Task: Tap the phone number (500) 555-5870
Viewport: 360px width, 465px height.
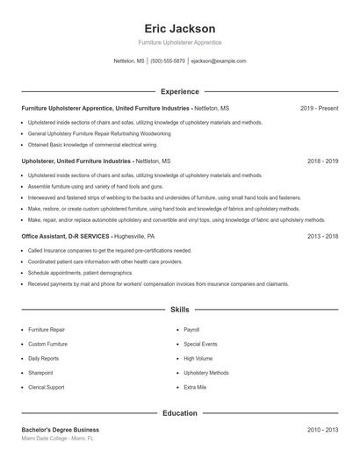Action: (168, 61)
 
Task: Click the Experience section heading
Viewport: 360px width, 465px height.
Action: (180, 91)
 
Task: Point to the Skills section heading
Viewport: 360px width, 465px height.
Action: (180, 310)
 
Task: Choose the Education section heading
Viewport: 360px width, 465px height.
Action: (180, 412)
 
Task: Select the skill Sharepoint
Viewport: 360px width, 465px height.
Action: (40, 373)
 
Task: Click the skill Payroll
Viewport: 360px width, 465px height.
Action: (192, 330)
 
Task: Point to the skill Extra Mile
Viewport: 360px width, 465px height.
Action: (196, 387)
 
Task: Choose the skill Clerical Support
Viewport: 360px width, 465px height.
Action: (46, 387)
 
